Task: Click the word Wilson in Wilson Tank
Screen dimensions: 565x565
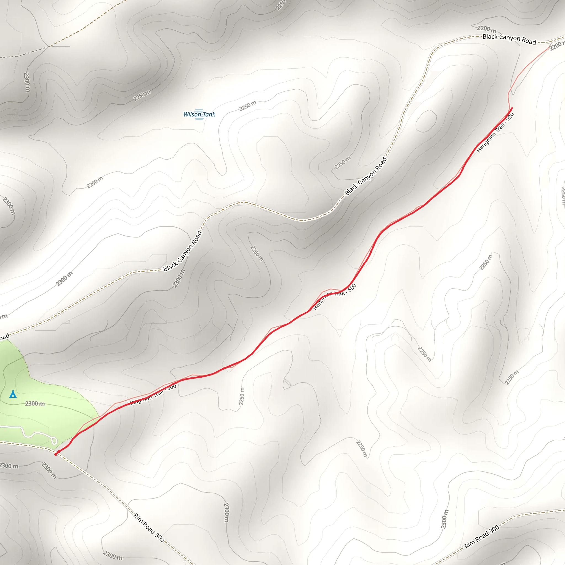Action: (x=192, y=114)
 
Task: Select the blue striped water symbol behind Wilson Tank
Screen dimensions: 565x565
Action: (x=199, y=114)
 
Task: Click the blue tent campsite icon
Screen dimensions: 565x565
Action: (x=13, y=394)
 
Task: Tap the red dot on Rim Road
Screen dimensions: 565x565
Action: (x=56, y=454)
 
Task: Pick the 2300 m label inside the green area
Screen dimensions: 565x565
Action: (x=35, y=404)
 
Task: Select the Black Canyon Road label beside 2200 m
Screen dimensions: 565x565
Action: (x=509, y=39)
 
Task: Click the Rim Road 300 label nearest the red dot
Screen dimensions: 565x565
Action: (x=149, y=527)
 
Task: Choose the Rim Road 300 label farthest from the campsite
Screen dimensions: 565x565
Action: (x=482, y=537)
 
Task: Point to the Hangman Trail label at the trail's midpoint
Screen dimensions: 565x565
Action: (x=335, y=297)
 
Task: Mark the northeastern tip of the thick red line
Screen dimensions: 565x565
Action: (x=512, y=108)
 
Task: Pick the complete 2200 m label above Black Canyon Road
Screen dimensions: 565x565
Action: (x=487, y=29)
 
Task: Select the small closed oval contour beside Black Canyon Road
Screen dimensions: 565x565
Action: (x=426, y=121)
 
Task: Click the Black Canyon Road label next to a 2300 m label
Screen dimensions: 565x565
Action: (x=182, y=251)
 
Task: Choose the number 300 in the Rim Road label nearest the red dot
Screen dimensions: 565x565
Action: (x=159, y=537)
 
